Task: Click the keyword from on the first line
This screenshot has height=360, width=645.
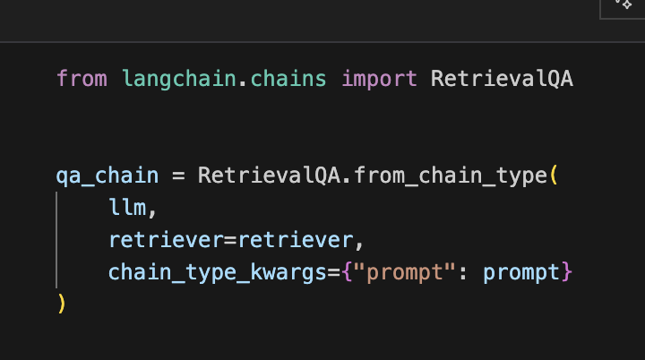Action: pyautogui.click(x=81, y=79)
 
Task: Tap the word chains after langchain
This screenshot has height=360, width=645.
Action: pyautogui.click(x=277, y=79)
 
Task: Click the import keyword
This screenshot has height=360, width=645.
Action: pyautogui.click(x=379, y=79)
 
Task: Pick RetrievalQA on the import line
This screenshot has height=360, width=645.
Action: pyautogui.click(x=502, y=79)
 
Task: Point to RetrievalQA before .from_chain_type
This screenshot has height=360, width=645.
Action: pyautogui.click(x=269, y=175)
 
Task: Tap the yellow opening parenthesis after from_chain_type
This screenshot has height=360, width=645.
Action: pyautogui.click(x=555, y=175)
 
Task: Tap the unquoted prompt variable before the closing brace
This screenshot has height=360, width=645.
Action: pyautogui.click(x=520, y=272)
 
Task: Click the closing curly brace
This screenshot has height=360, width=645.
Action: pyautogui.click(x=566, y=272)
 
